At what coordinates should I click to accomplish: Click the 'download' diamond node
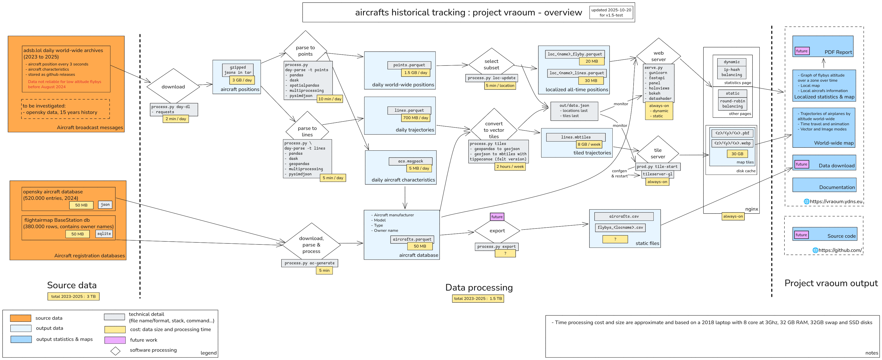pyautogui.click(x=173, y=87)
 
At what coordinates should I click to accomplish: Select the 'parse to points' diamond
pyautogui.click(x=305, y=50)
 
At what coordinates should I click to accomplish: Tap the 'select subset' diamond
pyautogui.click(x=491, y=64)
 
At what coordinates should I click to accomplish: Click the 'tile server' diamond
pyautogui.click(x=658, y=153)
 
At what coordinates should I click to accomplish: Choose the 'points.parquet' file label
pyautogui.click(x=409, y=65)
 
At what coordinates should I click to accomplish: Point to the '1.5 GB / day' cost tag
pyautogui.click(x=415, y=72)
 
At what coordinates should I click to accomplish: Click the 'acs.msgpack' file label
pyautogui.click(x=410, y=161)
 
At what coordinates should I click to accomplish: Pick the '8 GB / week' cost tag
pyautogui.click(x=589, y=144)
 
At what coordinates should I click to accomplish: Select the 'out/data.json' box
pyautogui.click(x=574, y=111)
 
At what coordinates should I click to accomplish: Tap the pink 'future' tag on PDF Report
pyautogui.click(x=802, y=51)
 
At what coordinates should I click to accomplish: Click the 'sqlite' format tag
pyautogui.click(x=104, y=234)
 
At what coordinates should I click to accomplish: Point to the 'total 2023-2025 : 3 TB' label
pyautogui.click(x=73, y=296)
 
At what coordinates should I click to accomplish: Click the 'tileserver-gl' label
pyautogui.click(x=657, y=174)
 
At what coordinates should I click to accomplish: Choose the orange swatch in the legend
pyautogui.click(x=21, y=318)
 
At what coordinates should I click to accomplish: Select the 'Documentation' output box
pyautogui.click(x=824, y=185)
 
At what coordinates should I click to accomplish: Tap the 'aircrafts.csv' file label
pyautogui.click(x=624, y=216)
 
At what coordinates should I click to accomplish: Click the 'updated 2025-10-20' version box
pyautogui.click(x=611, y=12)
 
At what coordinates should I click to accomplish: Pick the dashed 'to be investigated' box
pyautogui.click(x=66, y=109)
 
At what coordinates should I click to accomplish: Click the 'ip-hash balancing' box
pyautogui.click(x=732, y=72)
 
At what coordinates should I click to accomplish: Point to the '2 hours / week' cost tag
pyautogui.click(x=510, y=167)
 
